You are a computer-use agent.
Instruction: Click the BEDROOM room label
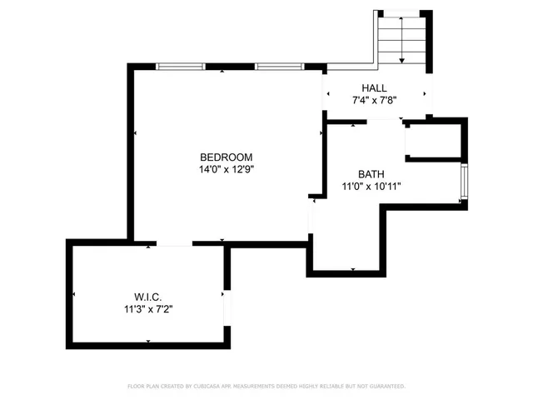(226, 157)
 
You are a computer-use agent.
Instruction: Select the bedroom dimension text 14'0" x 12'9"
(226, 169)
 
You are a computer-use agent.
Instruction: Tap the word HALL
(374, 88)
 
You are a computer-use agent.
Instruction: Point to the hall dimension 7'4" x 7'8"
(374, 100)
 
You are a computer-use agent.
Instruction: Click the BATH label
(371, 174)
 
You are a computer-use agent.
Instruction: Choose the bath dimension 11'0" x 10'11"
(371, 187)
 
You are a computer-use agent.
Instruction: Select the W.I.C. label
(147, 296)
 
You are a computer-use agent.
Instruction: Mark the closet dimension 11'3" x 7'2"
(147, 308)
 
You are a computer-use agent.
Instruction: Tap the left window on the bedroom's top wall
(181, 67)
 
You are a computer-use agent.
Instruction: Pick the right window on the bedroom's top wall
(279, 67)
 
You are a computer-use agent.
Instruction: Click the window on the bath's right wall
(465, 183)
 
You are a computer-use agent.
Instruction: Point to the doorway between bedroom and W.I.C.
(173, 243)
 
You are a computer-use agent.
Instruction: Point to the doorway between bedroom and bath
(311, 217)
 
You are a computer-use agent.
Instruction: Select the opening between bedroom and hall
(323, 95)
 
